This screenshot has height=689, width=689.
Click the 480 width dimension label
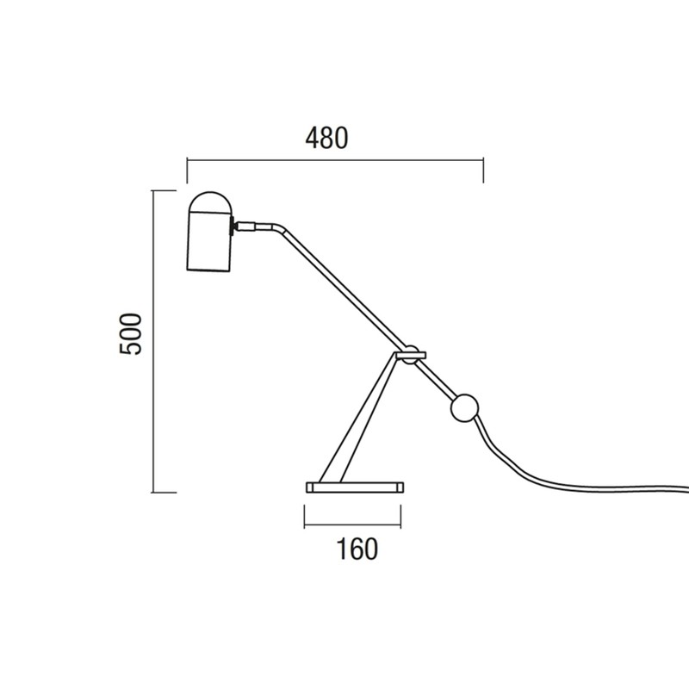(x=326, y=138)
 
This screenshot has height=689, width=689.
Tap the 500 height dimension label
(x=131, y=334)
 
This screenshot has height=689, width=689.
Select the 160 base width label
(x=357, y=549)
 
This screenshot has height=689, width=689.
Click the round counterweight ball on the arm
(x=464, y=408)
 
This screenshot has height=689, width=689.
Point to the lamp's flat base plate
(x=355, y=487)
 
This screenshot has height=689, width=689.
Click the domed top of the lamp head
(x=210, y=203)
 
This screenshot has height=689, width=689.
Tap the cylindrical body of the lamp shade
(x=209, y=242)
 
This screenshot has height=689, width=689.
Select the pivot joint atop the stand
(x=411, y=354)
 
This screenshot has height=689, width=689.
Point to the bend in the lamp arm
(x=277, y=227)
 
